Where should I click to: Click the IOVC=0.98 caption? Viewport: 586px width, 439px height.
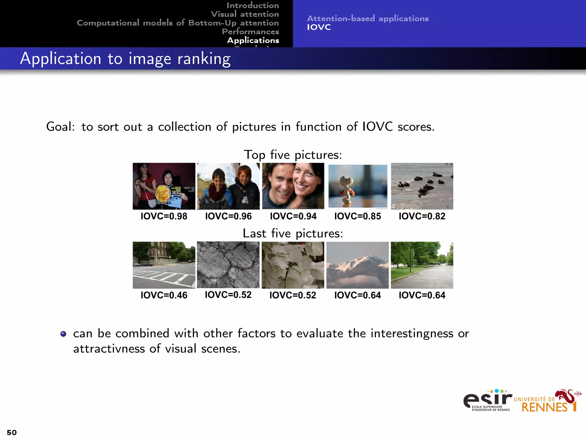pos(164,216)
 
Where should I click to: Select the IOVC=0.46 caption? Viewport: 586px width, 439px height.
pos(164,295)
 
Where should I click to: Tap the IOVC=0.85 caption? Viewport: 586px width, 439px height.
pos(357,216)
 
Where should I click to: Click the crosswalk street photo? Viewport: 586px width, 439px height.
pos(164,265)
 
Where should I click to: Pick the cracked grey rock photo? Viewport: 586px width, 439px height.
pos(228,265)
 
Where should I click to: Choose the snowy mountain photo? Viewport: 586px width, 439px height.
pos(357,265)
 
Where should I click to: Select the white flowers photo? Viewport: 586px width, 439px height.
pos(293,265)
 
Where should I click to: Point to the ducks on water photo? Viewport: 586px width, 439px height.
pos(422,186)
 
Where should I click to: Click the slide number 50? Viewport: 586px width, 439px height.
pos(12,432)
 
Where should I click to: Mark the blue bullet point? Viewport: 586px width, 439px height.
pos(63,334)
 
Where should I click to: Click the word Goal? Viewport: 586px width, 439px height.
pos(60,127)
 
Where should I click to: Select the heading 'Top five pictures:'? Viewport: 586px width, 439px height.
pos(293,155)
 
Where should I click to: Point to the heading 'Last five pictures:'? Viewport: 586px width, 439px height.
pos(293,234)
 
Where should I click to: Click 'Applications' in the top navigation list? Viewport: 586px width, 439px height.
pos(253,40)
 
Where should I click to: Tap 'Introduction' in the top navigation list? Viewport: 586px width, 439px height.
pos(253,5)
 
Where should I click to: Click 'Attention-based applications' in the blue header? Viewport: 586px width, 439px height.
pos(368,19)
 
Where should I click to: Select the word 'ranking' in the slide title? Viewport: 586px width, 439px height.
pos(204,59)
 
